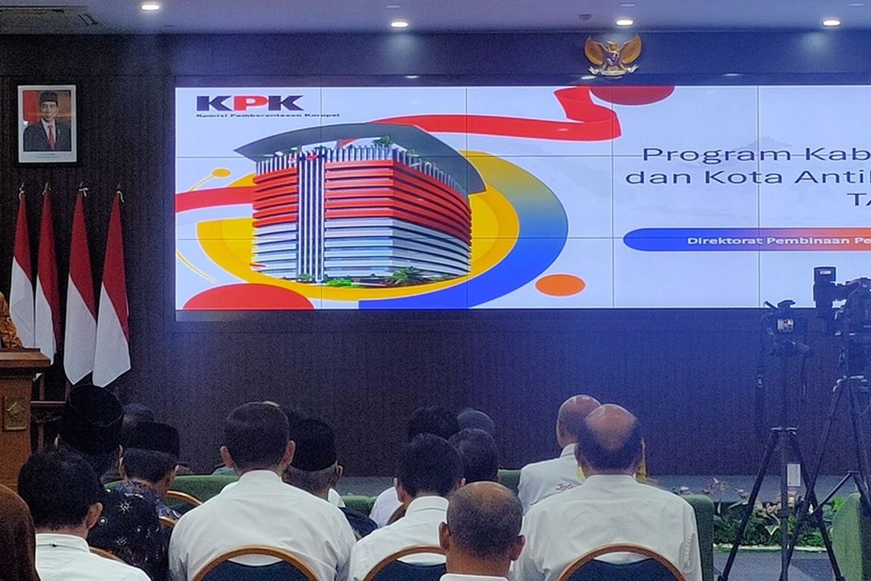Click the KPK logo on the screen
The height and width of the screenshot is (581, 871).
(x=250, y=102)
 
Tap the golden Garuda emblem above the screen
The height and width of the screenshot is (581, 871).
(x=613, y=54)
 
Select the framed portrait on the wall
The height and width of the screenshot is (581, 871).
(x=46, y=123)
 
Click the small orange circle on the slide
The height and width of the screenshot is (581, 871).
(x=560, y=285)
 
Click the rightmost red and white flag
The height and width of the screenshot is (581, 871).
(x=112, y=290)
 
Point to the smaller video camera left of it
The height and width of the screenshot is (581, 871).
(x=782, y=320)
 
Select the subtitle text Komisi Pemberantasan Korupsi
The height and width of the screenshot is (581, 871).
(x=266, y=115)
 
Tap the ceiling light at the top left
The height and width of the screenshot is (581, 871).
(x=150, y=7)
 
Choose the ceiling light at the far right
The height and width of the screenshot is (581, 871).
(x=830, y=23)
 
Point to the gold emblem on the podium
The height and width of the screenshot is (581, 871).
(x=15, y=413)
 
